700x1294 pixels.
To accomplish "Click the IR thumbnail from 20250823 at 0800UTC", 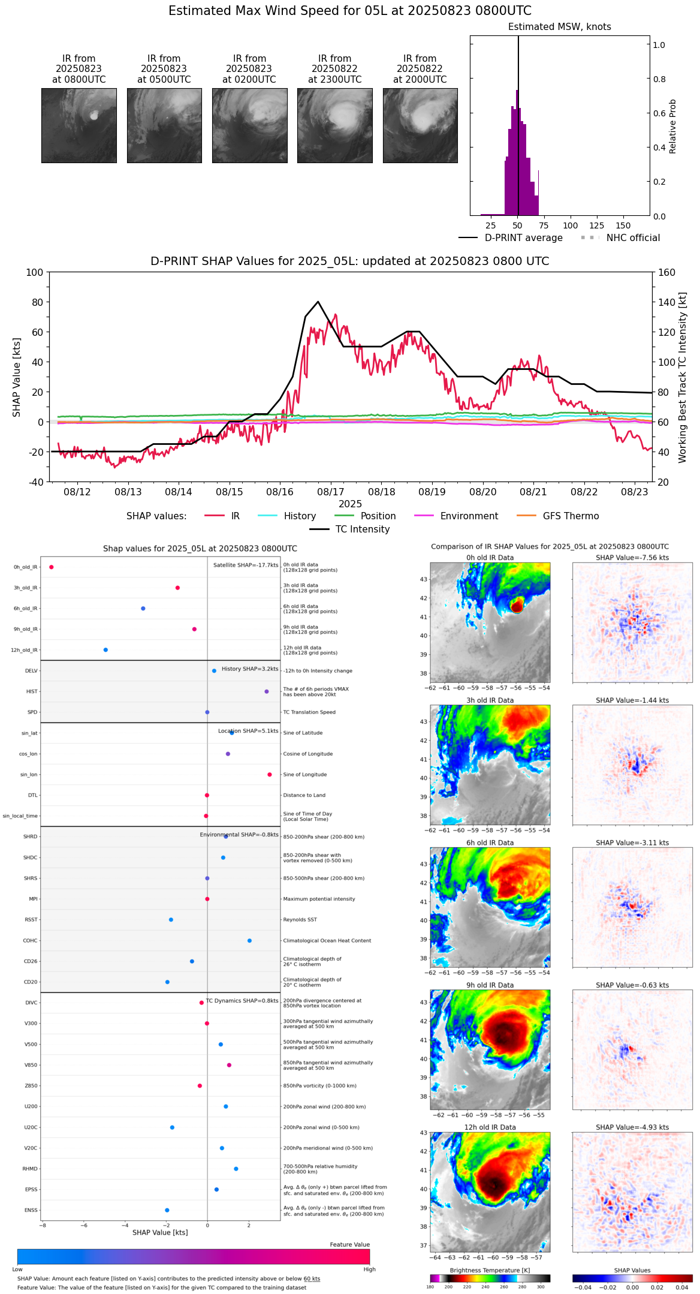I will click(x=79, y=125).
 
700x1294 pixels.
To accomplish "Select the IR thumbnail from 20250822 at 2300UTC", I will click(x=334, y=125).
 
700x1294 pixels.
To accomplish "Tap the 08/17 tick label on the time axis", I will click(x=331, y=492).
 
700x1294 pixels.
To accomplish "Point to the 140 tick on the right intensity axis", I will click(x=666, y=302).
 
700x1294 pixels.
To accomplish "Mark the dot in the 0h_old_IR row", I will click(x=52, y=567).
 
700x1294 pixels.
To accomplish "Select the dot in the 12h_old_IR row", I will click(x=105, y=650).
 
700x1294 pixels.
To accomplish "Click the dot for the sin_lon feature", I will click(x=270, y=775).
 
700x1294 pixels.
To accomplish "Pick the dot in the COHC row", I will click(x=249, y=941).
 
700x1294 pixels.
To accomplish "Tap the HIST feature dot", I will click(x=267, y=692).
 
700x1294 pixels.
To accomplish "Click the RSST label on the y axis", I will click(x=31, y=920).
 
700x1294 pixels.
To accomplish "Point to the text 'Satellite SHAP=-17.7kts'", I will click(x=246, y=565).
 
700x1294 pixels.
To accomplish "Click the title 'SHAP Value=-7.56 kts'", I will click(x=632, y=558).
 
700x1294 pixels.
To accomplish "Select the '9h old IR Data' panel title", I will click(x=490, y=985).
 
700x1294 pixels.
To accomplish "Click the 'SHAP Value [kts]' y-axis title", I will click(x=17, y=377).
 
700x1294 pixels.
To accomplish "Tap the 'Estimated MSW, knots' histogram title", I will click(x=559, y=27).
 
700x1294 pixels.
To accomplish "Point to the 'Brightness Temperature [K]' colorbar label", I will click(x=490, y=1271).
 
